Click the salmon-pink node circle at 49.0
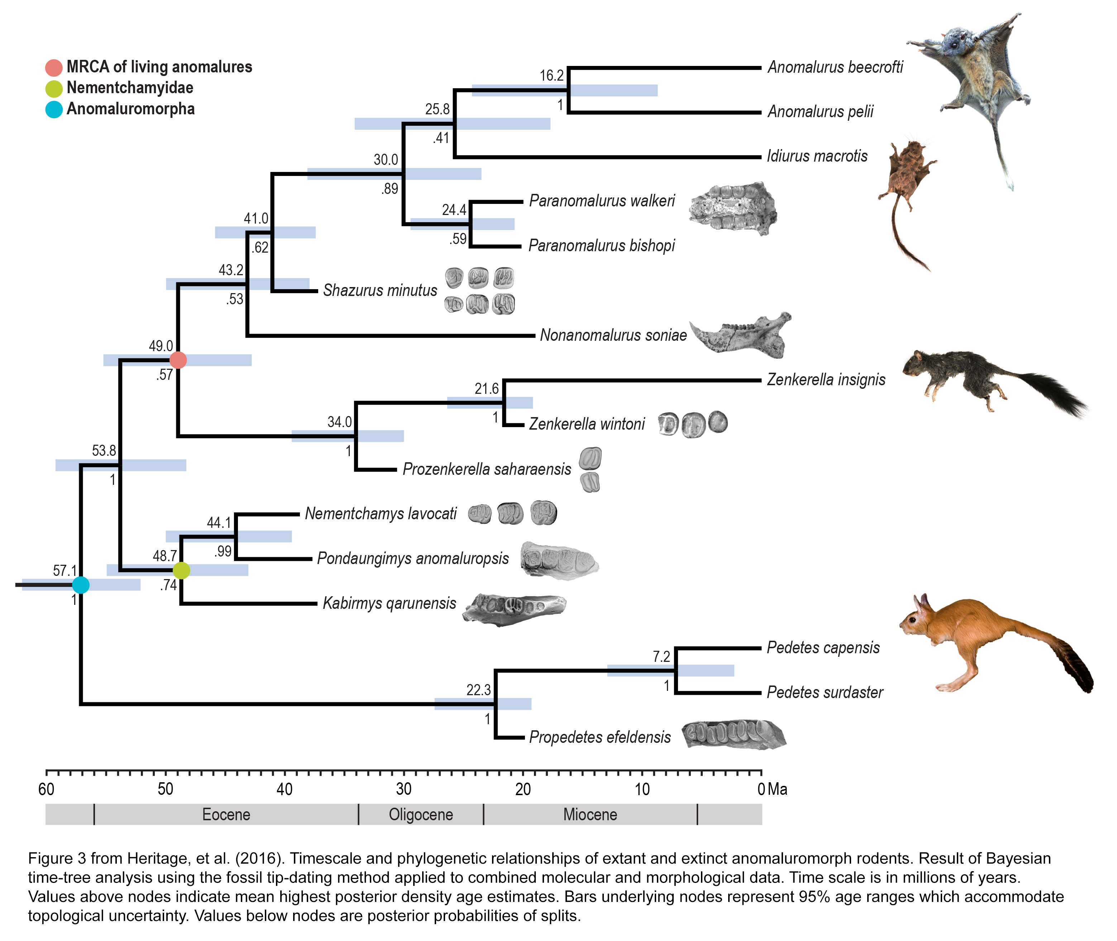coord(178,360)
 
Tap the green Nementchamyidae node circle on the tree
coord(181,570)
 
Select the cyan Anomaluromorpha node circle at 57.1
coord(81,585)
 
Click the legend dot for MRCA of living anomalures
coord(54,68)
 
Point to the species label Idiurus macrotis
coord(817,156)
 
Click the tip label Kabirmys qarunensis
coord(390,603)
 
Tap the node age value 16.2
coord(551,76)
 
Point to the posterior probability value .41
coord(441,138)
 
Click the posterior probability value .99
coord(223,551)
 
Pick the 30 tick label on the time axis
coord(404,789)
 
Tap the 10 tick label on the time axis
coord(642,789)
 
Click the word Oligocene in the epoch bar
coord(421,815)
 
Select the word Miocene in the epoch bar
coord(590,815)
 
